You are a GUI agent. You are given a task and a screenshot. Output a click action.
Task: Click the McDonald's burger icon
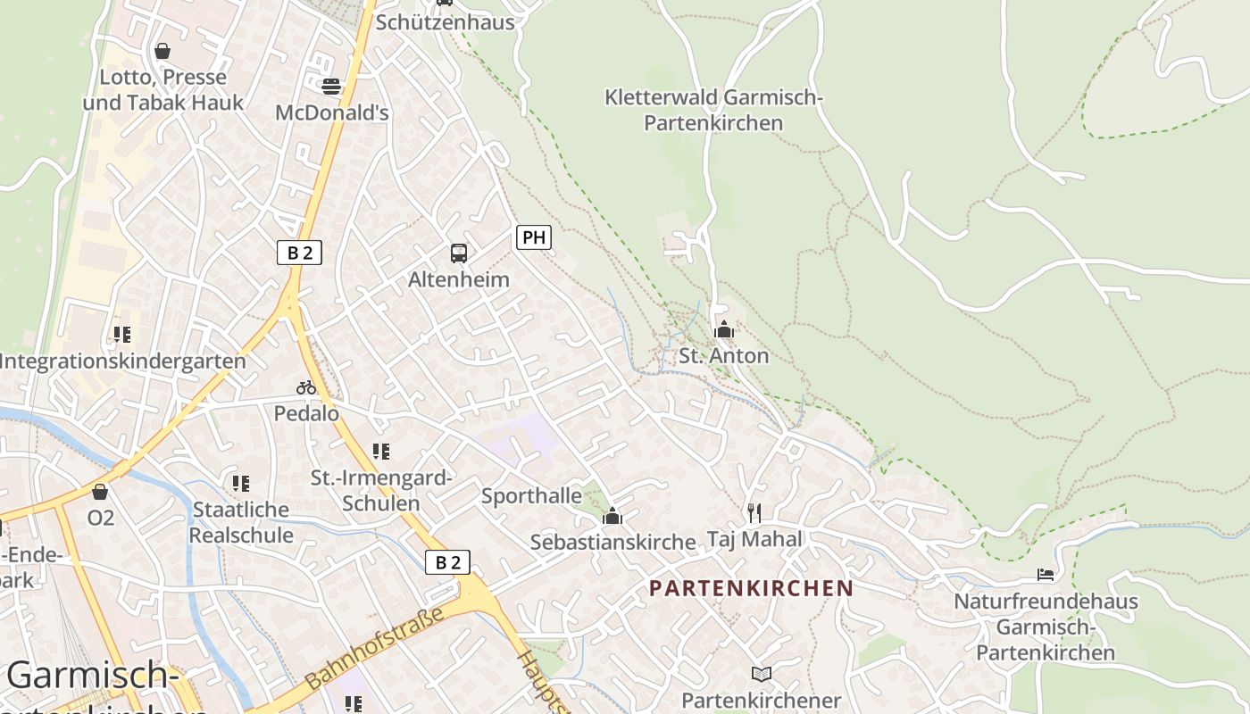click(331, 87)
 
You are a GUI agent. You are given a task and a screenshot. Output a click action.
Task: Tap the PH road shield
click(533, 237)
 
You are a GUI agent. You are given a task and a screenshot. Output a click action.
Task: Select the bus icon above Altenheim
click(458, 253)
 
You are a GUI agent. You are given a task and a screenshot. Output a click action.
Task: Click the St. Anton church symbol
click(724, 330)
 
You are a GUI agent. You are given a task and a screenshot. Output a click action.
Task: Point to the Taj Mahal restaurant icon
click(754, 512)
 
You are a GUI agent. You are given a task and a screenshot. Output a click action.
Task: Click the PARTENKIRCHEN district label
click(751, 588)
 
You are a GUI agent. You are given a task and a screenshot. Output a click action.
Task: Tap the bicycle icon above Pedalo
click(306, 387)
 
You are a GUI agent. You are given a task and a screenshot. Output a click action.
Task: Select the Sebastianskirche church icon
click(612, 516)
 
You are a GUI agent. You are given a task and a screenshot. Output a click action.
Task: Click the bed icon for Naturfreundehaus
click(1046, 574)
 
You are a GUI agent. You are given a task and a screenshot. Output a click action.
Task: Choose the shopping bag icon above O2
click(100, 492)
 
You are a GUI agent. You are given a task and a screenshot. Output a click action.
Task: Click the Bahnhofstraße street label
click(374, 648)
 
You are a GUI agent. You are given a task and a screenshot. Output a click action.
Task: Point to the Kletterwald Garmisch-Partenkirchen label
click(712, 110)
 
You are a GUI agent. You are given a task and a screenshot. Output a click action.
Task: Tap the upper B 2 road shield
click(299, 253)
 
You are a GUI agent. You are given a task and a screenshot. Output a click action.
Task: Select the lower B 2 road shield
click(447, 562)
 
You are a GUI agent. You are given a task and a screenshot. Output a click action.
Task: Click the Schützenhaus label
click(445, 22)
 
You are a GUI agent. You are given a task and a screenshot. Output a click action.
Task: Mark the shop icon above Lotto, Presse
click(162, 51)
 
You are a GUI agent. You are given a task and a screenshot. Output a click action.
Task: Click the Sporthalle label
click(531, 496)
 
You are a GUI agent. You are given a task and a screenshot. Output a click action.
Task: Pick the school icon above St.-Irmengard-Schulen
click(381, 452)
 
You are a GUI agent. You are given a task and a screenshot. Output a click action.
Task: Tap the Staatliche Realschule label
click(241, 522)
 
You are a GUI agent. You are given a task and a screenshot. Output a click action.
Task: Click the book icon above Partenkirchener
click(761, 674)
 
